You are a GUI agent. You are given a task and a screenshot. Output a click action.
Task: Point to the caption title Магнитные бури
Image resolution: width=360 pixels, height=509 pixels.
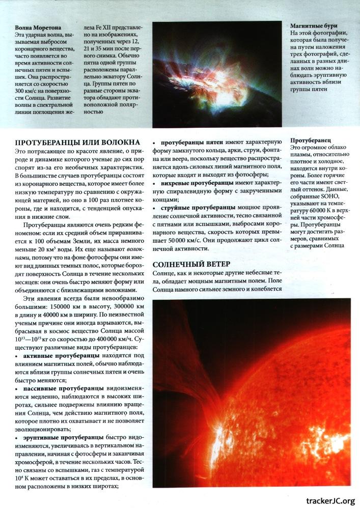pyautogui.click(x=313, y=25)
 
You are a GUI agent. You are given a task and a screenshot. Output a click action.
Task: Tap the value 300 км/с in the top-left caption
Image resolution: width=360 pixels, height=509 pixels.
pyautogui.click(x=29, y=82)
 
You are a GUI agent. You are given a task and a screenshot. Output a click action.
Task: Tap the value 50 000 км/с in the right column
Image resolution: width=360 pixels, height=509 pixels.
pyautogui.click(x=188, y=240)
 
